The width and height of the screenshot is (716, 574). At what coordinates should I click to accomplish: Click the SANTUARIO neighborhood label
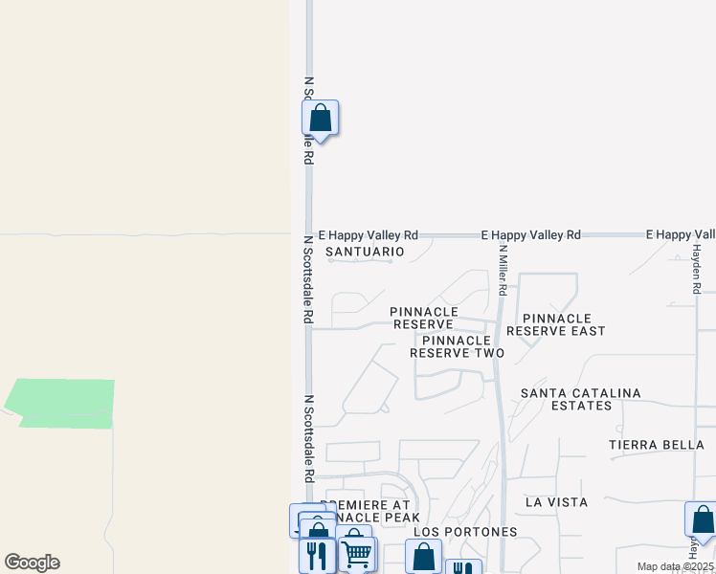(365, 252)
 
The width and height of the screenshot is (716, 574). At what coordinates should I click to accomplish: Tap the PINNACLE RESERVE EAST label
(556, 324)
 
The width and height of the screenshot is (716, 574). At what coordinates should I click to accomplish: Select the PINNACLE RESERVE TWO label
(457, 346)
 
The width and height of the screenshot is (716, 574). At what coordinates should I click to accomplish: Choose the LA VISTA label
(556, 502)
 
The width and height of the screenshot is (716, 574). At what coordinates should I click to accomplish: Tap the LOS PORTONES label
(465, 532)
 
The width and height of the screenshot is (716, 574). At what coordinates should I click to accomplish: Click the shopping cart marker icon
(356, 552)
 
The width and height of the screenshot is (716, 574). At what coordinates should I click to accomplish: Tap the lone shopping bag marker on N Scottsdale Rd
(321, 120)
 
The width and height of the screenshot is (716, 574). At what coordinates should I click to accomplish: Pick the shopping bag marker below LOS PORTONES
(423, 556)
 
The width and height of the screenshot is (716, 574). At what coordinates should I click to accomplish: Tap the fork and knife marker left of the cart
(317, 555)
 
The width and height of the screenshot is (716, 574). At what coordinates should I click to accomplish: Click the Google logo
(32, 563)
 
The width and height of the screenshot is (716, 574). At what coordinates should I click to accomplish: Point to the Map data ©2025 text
(674, 566)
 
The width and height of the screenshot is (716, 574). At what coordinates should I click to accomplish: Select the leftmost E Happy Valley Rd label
(369, 234)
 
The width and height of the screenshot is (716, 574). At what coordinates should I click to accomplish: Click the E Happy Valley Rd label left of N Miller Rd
(531, 234)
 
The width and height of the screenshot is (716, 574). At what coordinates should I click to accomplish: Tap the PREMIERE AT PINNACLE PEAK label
(368, 511)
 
